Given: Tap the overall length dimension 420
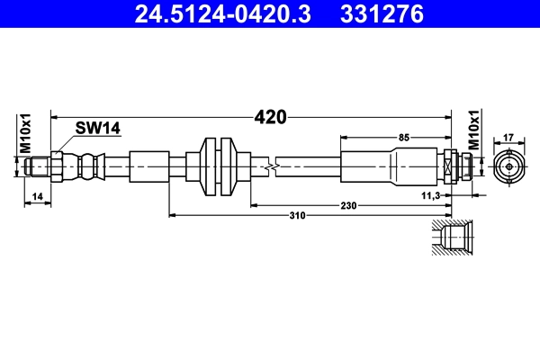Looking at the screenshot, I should (x=270, y=117).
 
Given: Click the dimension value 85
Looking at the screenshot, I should (x=402, y=137).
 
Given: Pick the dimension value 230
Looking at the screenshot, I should (x=348, y=205).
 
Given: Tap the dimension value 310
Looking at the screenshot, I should (x=297, y=216).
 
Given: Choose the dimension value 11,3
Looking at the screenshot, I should (x=431, y=194).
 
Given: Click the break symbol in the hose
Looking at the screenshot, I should (x=270, y=167).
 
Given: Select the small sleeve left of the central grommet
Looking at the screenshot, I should (x=148, y=166).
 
